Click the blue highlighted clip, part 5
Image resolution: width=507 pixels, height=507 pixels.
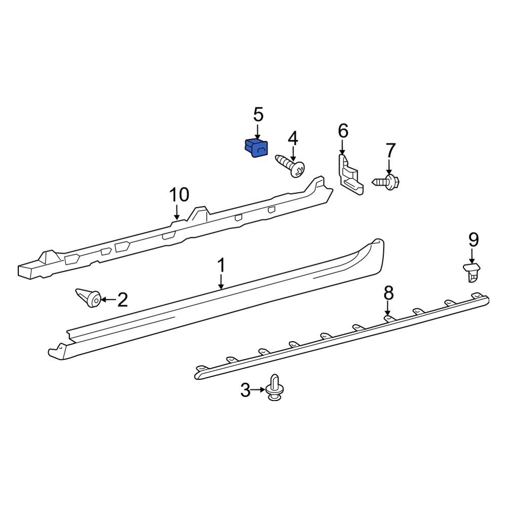257,148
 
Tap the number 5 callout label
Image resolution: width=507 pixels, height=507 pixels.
258,115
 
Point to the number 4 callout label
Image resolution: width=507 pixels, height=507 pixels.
293,138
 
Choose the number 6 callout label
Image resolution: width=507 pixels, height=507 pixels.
343,131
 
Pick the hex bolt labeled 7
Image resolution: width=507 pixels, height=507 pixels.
386,182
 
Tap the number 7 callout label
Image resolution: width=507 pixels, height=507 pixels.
390,151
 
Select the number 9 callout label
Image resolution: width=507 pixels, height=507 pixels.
474,240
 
